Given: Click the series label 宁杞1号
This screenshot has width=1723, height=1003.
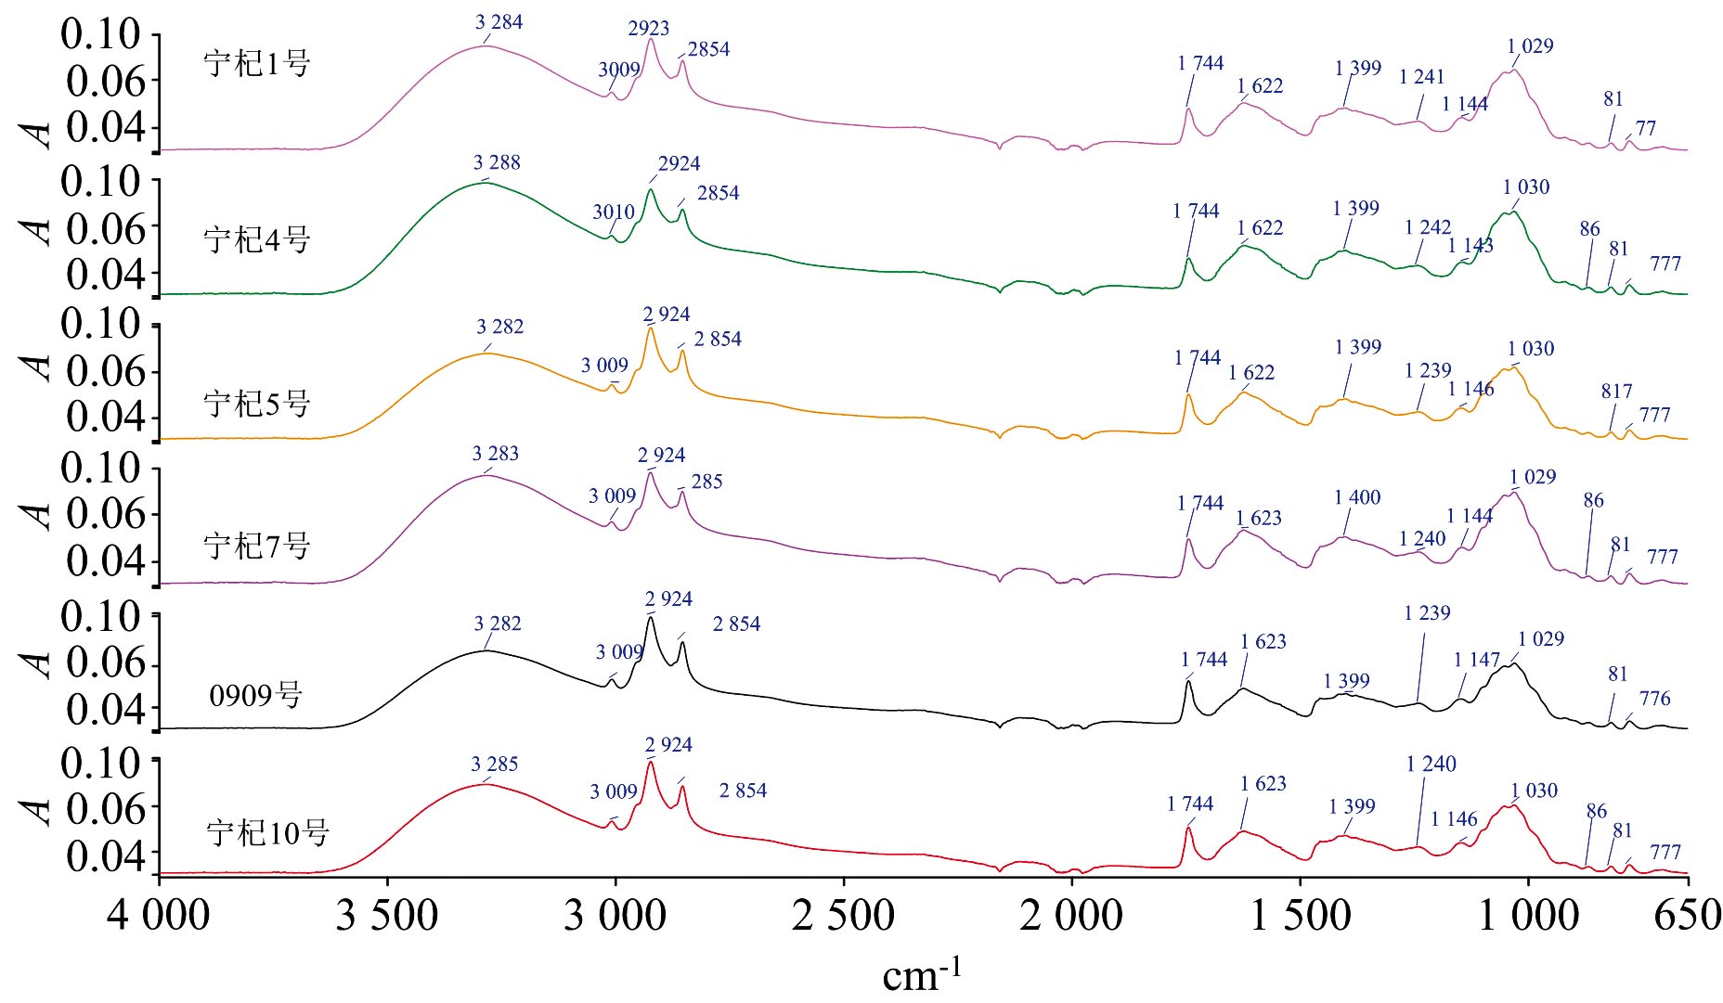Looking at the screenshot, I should coord(256,64).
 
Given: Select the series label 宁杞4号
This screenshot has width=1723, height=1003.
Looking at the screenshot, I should coord(256,240).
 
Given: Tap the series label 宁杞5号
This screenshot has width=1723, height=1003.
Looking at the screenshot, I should coord(256,404).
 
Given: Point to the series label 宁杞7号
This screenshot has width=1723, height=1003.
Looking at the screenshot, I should coord(256,546).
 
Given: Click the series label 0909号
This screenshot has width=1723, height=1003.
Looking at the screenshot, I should coord(255,695).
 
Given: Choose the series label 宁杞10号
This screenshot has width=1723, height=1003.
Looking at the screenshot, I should coord(267,832).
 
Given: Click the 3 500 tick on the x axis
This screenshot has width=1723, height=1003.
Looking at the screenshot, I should coord(387,917).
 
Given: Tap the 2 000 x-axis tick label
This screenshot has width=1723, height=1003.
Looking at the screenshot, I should coord(1071,917).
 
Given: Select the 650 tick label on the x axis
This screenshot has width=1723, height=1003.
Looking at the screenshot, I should coord(1688,917).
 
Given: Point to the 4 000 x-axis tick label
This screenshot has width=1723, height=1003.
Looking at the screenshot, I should coord(159,917).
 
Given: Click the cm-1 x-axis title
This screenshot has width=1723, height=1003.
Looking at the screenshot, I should coord(921,974).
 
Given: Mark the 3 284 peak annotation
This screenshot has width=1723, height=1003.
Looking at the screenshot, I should coord(499,22).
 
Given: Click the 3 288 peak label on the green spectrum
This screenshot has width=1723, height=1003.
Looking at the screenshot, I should coord(497,163).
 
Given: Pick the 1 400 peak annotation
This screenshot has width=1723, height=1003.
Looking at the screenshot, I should coord(1357,498).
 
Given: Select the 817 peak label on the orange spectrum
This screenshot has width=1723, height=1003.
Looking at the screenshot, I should coord(1616,392).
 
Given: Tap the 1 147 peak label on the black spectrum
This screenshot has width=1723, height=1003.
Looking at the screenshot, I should coord(1476,660).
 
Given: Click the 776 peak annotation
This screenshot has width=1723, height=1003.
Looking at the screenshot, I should coord(1654,699).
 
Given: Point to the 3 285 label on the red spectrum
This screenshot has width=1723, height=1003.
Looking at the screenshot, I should coord(495,765).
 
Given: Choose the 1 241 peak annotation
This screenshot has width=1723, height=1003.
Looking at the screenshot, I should coord(1421,77).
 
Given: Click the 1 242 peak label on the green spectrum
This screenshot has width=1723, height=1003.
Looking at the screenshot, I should coord(1428,228).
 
